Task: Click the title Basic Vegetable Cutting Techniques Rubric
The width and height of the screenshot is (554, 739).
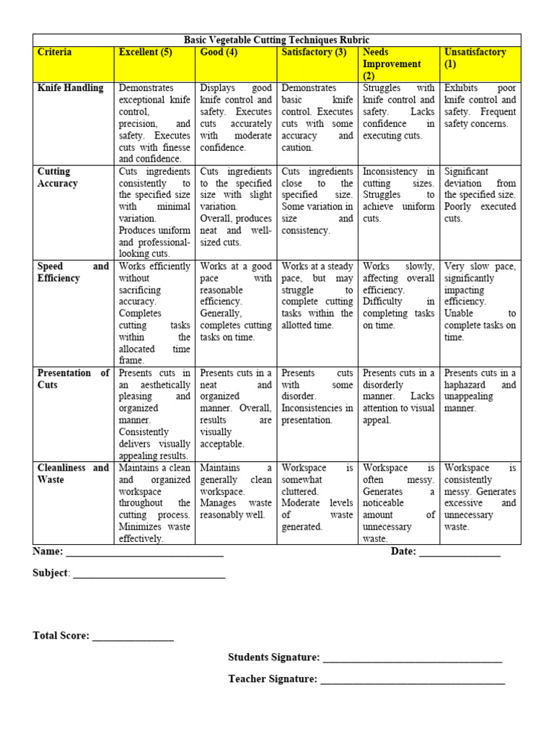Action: tap(276, 40)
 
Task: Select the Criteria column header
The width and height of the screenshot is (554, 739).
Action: tap(54, 52)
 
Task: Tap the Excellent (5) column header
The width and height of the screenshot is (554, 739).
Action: tap(146, 52)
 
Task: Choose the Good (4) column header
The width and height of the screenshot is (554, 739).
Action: tap(219, 52)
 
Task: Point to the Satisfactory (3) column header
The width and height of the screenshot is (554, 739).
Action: tap(314, 52)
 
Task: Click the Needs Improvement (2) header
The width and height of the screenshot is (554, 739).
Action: tap(392, 64)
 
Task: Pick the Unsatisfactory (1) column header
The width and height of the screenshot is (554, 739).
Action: tap(475, 58)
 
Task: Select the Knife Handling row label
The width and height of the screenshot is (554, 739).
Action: tap(70, 88)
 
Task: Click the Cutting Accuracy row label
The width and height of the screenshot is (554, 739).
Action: tap(57, 178)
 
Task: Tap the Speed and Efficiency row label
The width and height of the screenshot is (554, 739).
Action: tap(73, 272)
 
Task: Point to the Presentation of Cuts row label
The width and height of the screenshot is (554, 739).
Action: tap(73, 379)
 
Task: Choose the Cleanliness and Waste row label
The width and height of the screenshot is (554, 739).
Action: tap(73, 473)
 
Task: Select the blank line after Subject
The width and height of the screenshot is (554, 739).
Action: tap(149, 575)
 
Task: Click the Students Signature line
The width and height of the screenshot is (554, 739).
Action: tap(412, 659)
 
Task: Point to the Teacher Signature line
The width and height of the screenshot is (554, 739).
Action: tap(412, 681)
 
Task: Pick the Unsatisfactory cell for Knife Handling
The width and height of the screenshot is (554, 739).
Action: tap(480, 106)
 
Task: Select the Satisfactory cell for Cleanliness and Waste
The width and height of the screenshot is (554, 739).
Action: tap(317, 497)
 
